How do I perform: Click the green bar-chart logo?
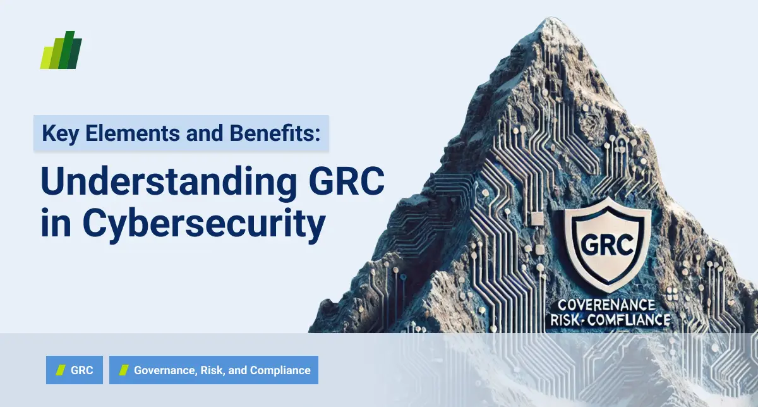(61, 50)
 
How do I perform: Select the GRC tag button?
(74, 370)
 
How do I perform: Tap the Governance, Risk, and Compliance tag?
(214, 370)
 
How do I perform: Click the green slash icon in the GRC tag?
(61, 370)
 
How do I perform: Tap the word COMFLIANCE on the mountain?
(628, 320)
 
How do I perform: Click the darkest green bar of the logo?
(75, 52)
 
